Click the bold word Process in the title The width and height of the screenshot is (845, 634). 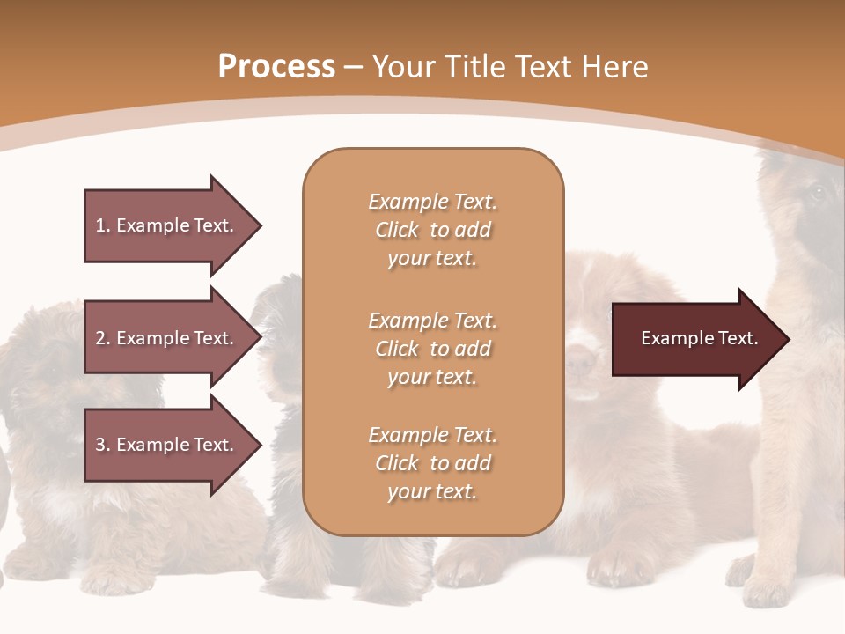tap(276, 67)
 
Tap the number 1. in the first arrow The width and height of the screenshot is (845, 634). tap(103, 225)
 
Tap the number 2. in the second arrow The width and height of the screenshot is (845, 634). tap(103, 338)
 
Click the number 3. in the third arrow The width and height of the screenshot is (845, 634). tap(103, 445)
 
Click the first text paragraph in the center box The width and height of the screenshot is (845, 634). tap(432, 230)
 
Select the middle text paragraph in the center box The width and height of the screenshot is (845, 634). tap(432, 349)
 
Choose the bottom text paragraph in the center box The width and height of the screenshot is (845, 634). tap(432, 463)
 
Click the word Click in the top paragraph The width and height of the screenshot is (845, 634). tap(397, 230)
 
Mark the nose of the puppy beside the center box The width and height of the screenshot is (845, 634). tap(581, 360)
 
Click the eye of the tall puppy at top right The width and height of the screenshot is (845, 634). tap(813, 193)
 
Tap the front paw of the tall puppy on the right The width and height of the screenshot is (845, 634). tap(766, 586)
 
